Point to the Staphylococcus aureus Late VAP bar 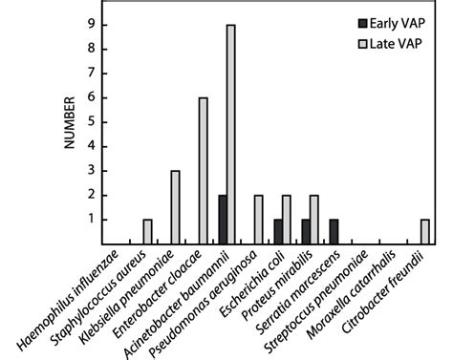coord(147,231)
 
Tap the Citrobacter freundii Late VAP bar coord(424,231)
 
